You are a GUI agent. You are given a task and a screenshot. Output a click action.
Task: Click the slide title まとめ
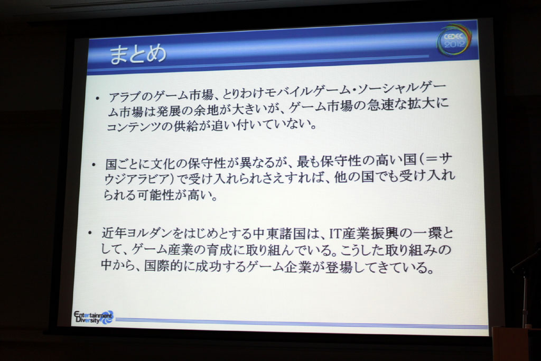[138, 54]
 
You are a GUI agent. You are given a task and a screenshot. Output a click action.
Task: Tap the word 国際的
[164, 266]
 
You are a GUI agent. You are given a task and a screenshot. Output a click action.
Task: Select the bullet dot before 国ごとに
[94, 164]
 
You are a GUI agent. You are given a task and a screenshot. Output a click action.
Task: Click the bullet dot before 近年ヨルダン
[90, 234]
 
